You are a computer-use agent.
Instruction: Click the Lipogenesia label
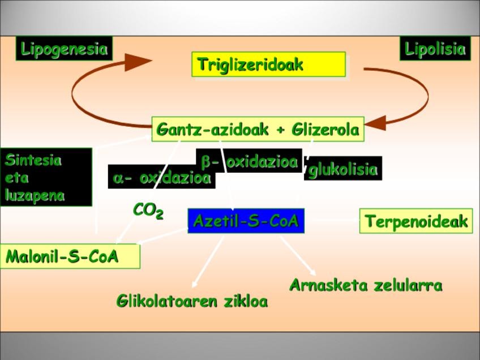[x=64, y=48]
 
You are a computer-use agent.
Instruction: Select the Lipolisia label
[x=435, y=48]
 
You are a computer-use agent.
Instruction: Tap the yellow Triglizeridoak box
[x=268, y=65]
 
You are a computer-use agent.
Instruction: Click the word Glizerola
[x=325, y=129]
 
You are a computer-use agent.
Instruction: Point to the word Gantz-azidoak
[x=212, y=129]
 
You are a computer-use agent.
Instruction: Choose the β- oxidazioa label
[x=249, y=161]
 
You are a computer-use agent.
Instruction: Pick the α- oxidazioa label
[x=162, y=177]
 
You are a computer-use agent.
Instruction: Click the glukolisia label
[x=343, y=169]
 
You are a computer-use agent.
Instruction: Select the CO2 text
[x=148, y=211]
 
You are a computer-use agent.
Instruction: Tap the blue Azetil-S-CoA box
[x=246, y=221]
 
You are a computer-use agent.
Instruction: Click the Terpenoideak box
[x=416, y=221]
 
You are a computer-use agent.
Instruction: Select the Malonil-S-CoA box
[x=70, y=256]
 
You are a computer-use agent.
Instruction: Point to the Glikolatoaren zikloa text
[x=192, y=301]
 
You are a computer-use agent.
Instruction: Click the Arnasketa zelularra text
[x=366, y=285]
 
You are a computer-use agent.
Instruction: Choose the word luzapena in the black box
[x=35, y=196]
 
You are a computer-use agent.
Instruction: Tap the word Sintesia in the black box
[x=33, y=160]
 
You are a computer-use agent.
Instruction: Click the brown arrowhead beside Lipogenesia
[x=138, y=62]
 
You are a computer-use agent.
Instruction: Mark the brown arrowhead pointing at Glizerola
[x=375, y=123]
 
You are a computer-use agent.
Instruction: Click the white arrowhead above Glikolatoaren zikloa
[x=194, y=284]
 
